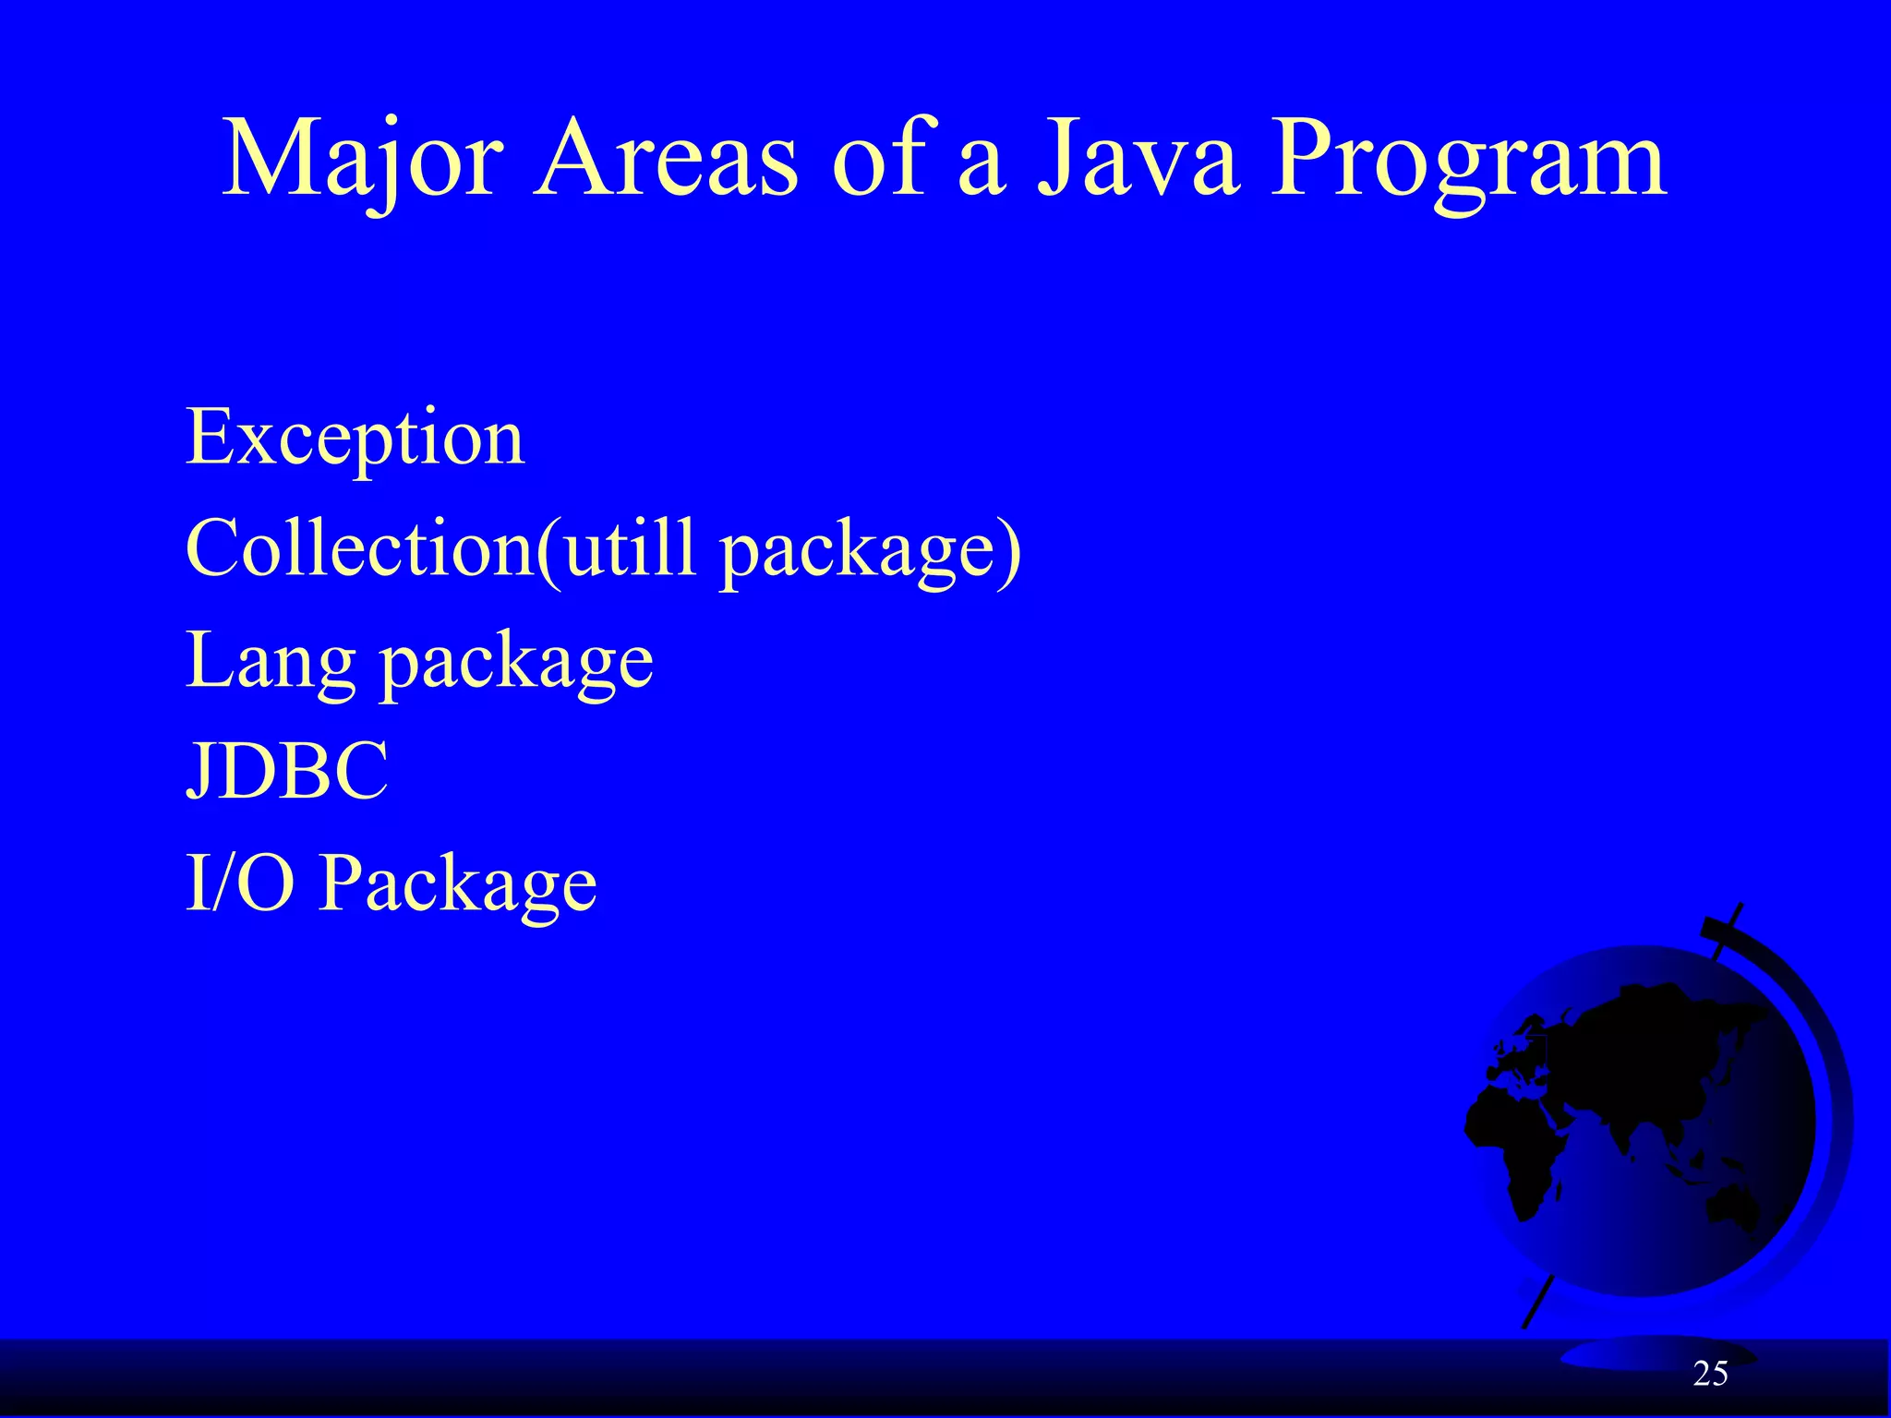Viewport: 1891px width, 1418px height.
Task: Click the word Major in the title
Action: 362,159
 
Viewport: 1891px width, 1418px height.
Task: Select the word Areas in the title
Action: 665,159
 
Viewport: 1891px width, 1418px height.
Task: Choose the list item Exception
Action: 355,439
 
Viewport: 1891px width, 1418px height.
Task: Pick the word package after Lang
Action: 517,665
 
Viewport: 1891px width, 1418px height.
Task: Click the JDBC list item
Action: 287,771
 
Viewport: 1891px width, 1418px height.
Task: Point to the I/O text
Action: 240,883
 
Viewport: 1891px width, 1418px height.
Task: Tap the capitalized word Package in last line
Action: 458,884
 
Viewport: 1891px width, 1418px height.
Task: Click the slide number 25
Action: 1710,1375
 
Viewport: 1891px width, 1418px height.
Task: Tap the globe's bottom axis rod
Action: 1537,1302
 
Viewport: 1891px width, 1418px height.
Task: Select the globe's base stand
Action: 1625,1353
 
